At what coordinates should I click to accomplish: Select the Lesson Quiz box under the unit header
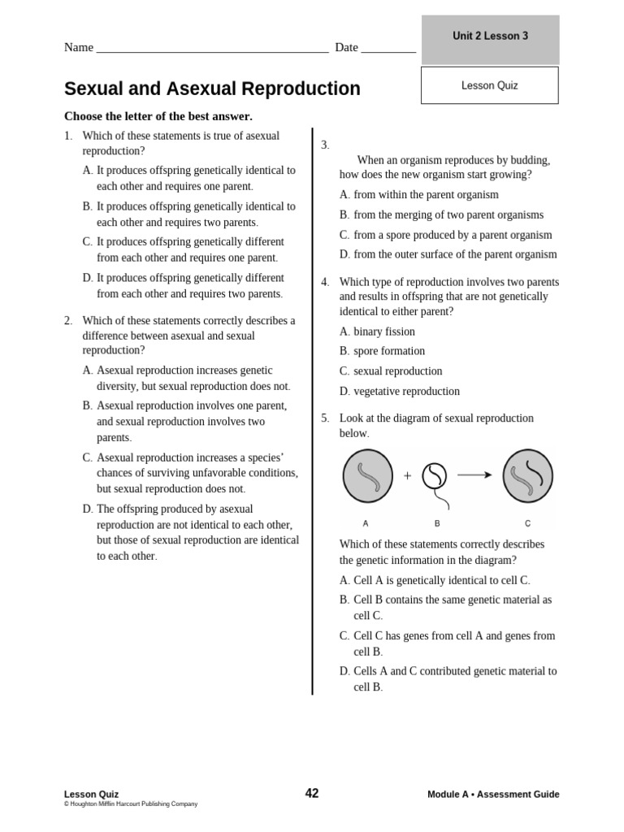(x=489, y=85)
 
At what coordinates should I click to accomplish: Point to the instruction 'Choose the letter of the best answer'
(x=158, y=116)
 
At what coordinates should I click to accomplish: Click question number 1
(x=68, y=136)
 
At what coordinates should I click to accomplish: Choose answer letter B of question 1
(x=88, y=206)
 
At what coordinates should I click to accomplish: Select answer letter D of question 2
(x=88, y=509)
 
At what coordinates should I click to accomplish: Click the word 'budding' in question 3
(x=529, y=160)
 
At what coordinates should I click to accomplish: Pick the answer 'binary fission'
(x=383, y=331)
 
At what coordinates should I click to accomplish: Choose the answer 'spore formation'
(x=388, y=351)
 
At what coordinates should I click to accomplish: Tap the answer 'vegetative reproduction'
(x=406, y=391)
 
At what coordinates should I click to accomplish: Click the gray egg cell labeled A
(x=367, y=476)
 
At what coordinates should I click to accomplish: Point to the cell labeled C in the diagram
(x=527, y=476)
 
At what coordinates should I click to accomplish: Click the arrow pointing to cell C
(x=474, y=475)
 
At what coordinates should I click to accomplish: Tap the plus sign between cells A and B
(x=407, y=476)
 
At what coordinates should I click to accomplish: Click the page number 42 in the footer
(x=312, y=793)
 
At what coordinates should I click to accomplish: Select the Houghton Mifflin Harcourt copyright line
(x=131, y=804)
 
